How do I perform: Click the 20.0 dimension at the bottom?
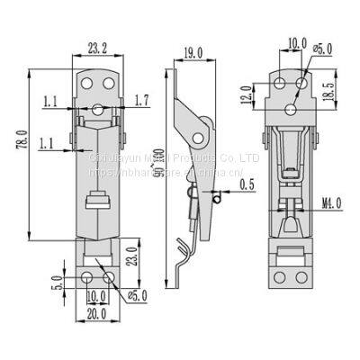[96, 315]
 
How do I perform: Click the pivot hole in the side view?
[195, 137]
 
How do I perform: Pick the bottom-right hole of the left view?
[108, 279]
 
